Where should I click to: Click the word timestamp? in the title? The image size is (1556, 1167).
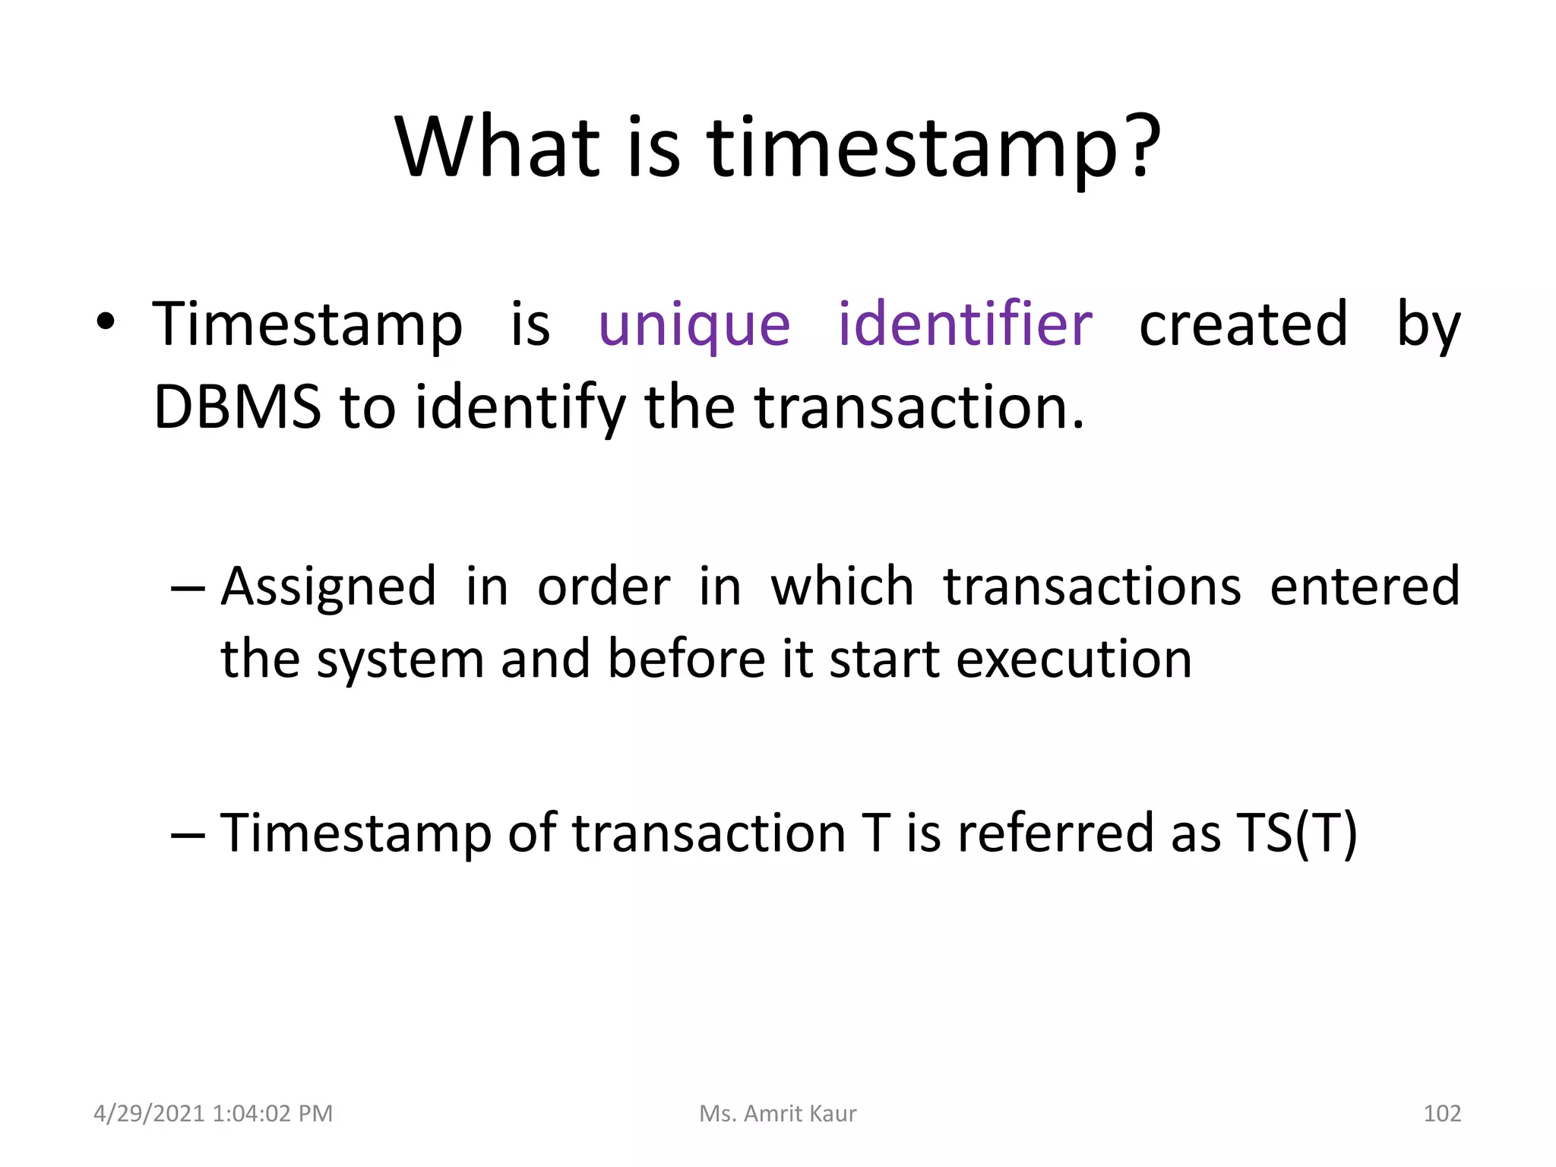click(934, 148)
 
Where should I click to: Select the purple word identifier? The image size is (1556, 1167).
click(965, 324)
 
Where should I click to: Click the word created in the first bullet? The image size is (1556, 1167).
click(1243, 324)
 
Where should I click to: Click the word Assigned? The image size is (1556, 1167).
click(328, 587)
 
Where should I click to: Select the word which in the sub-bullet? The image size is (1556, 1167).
click(842, 587)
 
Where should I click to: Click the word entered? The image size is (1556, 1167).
click(1365, 587)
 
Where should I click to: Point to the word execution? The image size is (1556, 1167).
click(1074, 659)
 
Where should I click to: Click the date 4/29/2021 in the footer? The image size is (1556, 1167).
click(149, 1114)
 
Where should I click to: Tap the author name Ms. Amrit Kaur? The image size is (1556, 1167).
click(777, 1114)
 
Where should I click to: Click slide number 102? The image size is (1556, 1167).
click(1441, 1114)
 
